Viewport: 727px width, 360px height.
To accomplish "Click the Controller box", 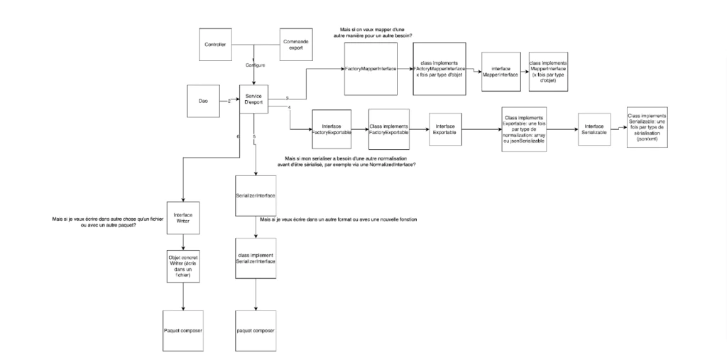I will pos(215,44).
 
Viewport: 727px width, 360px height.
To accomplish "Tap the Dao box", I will pos(202,101).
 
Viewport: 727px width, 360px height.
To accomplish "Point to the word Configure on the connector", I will pos(255,65).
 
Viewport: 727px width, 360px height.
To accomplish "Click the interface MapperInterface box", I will pos(499,71).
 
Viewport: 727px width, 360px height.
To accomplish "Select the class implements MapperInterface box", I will pos(547,71).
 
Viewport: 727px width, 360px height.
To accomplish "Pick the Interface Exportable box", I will pos(445,129).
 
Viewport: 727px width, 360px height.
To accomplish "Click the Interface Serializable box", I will pos(594,129).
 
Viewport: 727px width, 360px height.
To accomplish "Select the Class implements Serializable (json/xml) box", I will pos(647,128).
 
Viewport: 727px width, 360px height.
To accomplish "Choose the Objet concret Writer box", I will pos(182,269).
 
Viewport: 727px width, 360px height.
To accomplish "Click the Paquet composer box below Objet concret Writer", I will pos(182,331).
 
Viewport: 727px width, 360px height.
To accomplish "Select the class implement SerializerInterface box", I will pos(256,259).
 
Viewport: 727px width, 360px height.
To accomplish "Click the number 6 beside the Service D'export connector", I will pos(239,136).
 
